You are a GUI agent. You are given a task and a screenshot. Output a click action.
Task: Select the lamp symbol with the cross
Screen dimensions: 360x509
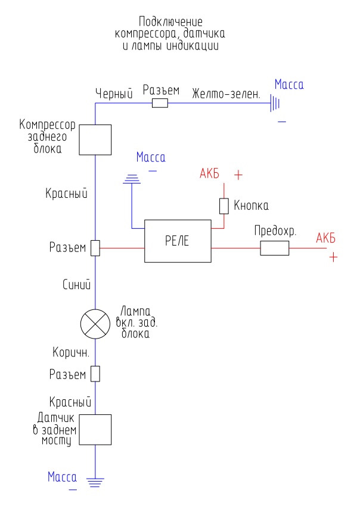pos(95,324)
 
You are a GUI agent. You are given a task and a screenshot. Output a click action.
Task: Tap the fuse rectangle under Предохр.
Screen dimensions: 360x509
pos(274,248)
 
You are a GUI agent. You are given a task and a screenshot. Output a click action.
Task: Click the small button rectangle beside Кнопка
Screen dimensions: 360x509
pos(224,206)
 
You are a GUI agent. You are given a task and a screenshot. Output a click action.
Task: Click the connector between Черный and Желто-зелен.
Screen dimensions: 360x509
pos(160,103)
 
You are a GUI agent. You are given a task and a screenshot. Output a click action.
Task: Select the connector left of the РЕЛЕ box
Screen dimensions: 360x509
pos(95,248)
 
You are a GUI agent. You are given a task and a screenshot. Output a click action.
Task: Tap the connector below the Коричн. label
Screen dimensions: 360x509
pos(95,374)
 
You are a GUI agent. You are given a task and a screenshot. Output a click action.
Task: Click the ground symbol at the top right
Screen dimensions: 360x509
pos(275,103)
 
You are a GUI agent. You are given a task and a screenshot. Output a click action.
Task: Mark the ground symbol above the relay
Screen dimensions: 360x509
pos(132,179)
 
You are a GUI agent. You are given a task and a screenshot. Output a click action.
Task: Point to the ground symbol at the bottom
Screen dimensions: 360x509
pos(95,482)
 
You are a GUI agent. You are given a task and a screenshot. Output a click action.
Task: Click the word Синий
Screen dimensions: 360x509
pos(77,284)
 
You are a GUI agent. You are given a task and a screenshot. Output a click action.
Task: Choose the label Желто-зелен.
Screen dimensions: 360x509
pos(226,94)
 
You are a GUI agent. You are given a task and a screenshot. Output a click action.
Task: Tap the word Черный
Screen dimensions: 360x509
pos(114,93)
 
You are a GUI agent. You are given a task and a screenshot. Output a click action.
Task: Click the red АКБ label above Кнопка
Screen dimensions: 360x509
pos(209,173)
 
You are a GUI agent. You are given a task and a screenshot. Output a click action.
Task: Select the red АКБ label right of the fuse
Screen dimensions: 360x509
pos(325,238)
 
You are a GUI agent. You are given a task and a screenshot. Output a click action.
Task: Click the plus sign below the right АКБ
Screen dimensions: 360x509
pos(333,257)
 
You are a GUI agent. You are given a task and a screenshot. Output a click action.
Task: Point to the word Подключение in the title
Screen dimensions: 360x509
pos(170,21)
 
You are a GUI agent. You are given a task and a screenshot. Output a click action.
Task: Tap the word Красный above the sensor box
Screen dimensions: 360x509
pos(70,402)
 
